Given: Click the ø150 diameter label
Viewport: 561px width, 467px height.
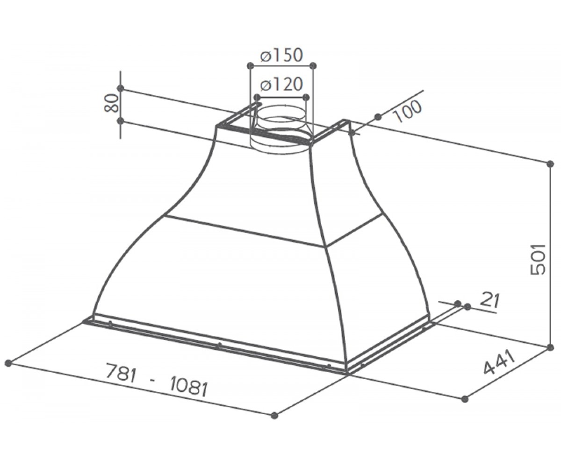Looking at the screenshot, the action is tap(281, 55).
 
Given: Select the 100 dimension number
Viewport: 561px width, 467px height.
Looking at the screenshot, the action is tap(406, 111).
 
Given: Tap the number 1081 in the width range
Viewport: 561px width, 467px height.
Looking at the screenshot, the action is tap(188, 387).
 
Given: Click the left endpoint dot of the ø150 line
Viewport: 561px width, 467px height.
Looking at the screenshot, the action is tap(250, 65).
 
